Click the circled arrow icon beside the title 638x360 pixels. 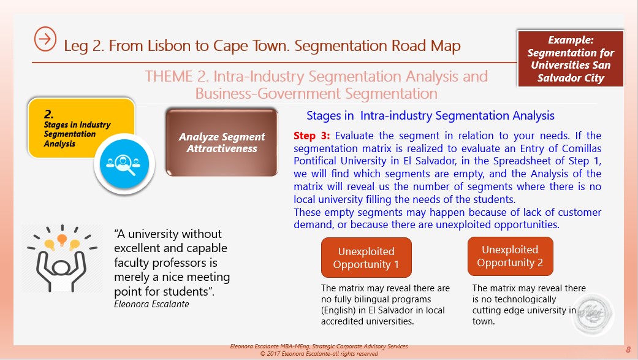[x=45, y=39]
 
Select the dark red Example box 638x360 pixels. [x=571, y=59]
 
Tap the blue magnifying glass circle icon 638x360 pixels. [x=124, y=164]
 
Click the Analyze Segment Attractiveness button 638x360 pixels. [x=222, y=142]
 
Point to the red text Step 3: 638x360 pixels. [x=312, y=136]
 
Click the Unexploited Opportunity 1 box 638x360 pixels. [x=366, y=258]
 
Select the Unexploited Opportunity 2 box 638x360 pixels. [x=511, y=256]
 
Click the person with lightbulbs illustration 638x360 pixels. [x=62, y=258]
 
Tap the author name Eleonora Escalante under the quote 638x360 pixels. [x=151, y=304]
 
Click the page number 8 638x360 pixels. [x=628, y=350]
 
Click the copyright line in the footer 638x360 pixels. [x=319, y=353]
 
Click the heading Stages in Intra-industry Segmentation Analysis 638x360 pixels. [x=430, y=116]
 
